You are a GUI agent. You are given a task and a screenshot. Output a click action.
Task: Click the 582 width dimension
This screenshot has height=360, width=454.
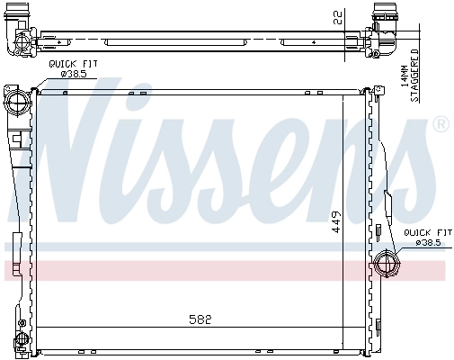201,319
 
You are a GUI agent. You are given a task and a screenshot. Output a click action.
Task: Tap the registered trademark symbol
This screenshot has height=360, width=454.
440,125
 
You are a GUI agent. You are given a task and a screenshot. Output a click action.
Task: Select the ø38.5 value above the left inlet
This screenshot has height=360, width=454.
74,74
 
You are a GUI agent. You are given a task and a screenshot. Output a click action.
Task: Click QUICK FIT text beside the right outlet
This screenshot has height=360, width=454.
423,232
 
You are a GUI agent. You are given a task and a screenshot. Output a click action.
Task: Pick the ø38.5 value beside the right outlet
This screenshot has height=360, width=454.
425,242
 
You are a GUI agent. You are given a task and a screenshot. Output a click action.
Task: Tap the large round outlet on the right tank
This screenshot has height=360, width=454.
384,264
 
